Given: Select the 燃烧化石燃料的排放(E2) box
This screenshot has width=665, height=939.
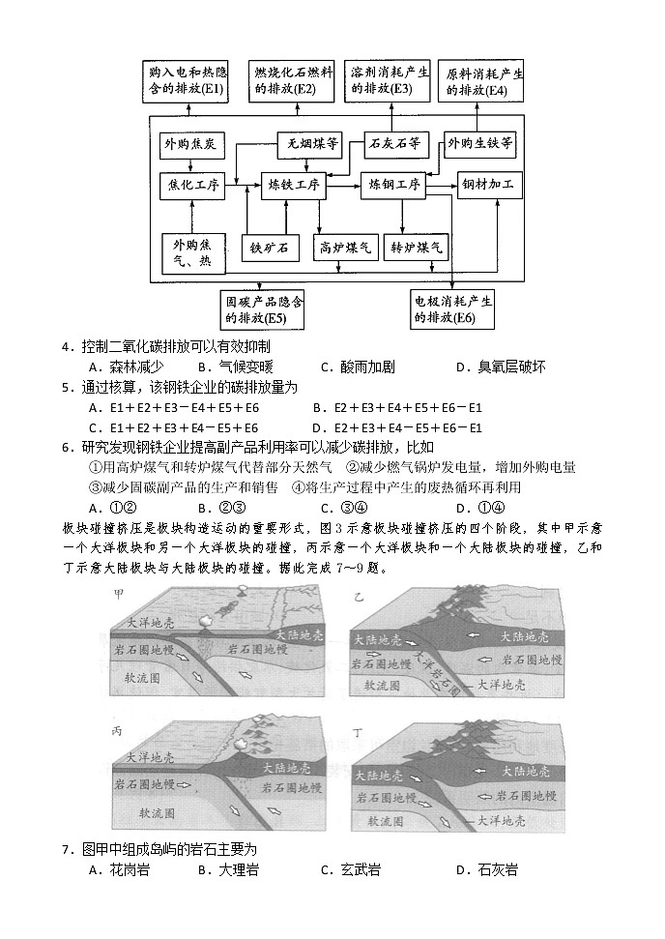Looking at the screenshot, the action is [x=293, y=80].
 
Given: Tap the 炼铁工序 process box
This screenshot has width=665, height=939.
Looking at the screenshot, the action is [x=295, y=184].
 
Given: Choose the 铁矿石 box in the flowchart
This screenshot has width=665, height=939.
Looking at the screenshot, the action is [x=270, y=249].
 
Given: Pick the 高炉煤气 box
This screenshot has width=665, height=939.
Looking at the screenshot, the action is [x=345, y=249].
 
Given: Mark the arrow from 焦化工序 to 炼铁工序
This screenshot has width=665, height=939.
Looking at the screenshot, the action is [x=244, y=184].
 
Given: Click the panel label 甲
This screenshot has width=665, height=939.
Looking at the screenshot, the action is [x=119, y=593].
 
